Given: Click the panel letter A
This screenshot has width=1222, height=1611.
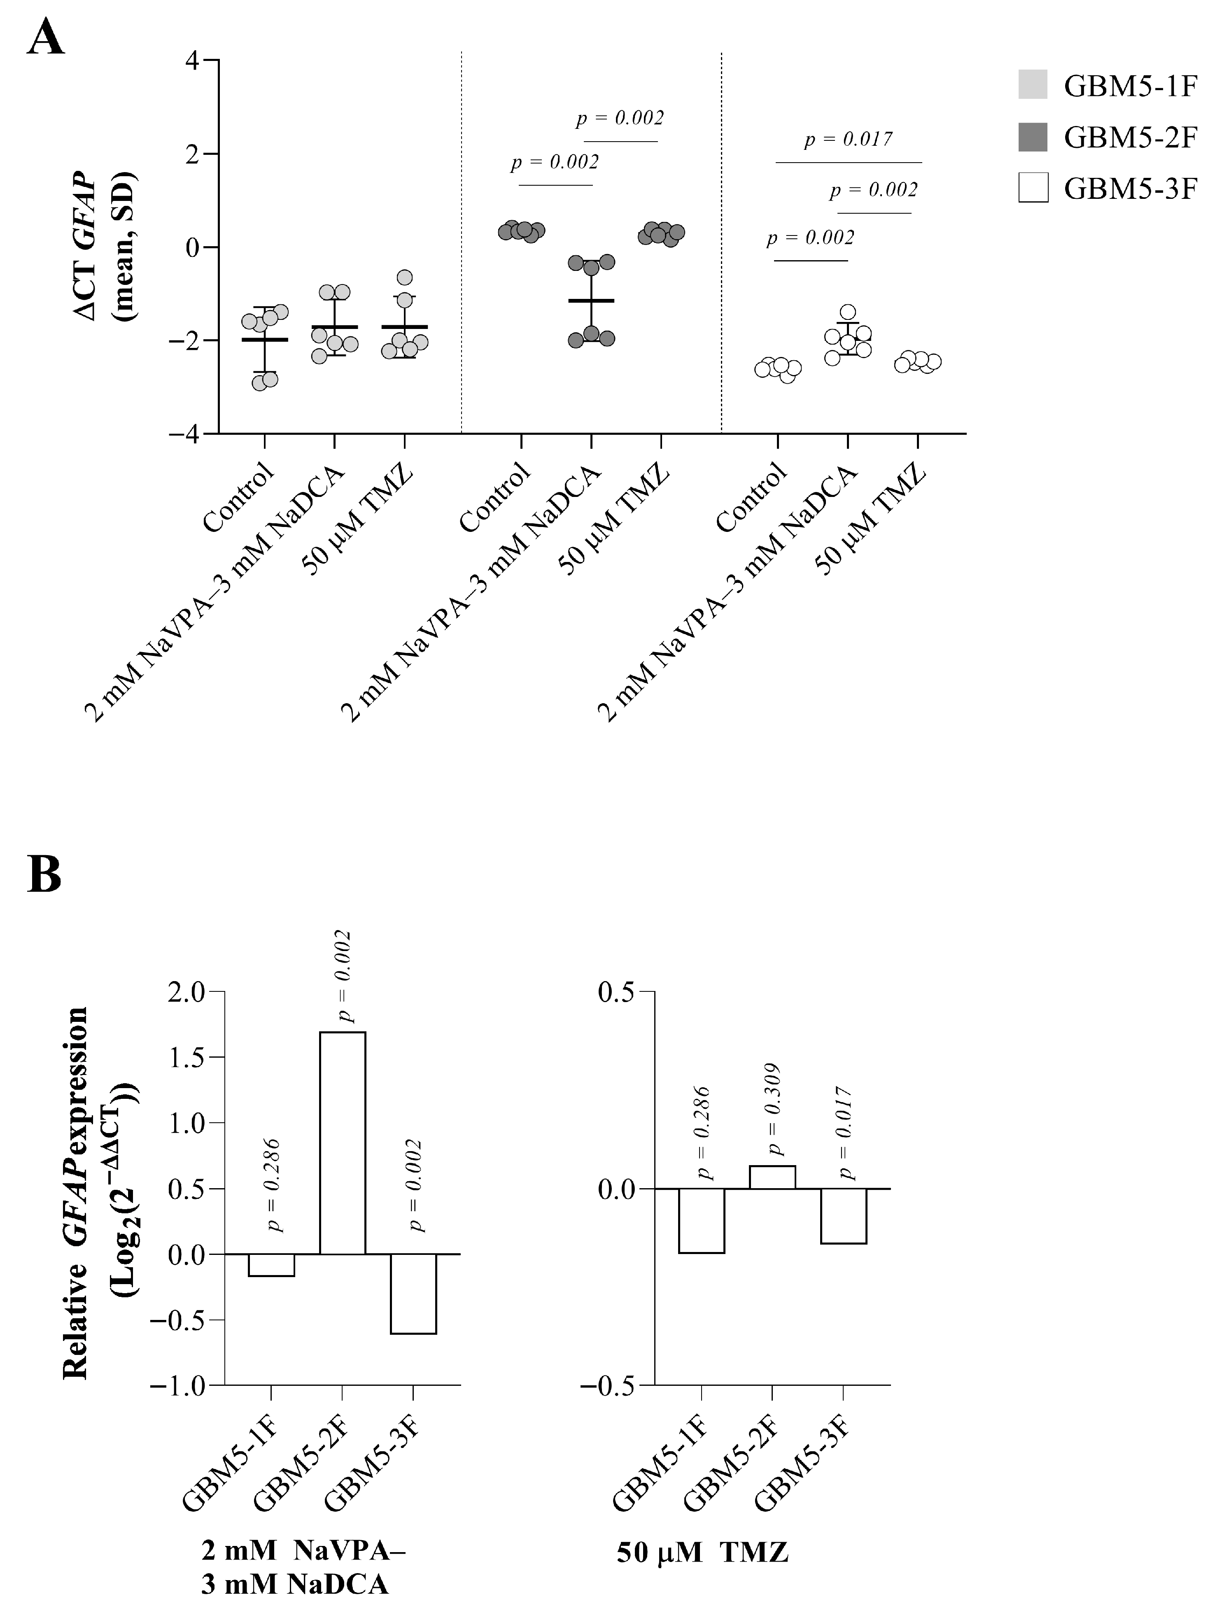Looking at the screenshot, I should click(x=45, y=38).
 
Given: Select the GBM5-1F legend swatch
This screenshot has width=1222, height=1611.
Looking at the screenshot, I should click(x=1033, y=84).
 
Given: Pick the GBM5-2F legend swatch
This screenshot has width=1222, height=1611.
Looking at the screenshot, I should click(x=1033, y=136).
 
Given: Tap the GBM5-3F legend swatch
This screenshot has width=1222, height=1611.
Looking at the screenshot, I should click(x=1033, y=187).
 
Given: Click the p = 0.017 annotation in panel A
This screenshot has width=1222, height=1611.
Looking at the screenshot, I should click(x=849, y=139).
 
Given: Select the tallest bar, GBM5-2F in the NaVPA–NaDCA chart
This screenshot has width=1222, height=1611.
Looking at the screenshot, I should click(x=342, y=1143).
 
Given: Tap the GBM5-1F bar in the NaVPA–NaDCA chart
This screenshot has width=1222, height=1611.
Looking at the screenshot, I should click(x=271, y=1265).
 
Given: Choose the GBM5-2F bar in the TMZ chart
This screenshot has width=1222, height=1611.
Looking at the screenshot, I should click(x=772, y=1177).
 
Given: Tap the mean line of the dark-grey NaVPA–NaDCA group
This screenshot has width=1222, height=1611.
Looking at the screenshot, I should click(x=591, y=300).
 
